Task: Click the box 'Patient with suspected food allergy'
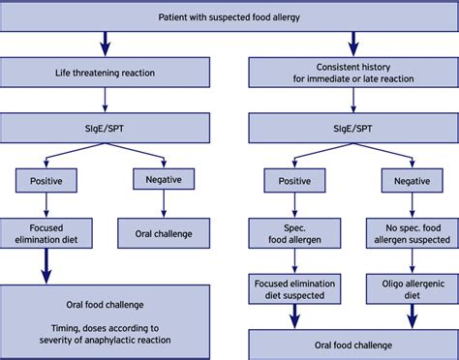[x=229, y=16]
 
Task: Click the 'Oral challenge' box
[x=158, y=233]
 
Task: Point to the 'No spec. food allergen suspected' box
[x=411, y=233]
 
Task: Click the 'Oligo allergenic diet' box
[x=411, y=287]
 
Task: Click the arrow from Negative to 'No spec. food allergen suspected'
[x=411, y=204]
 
